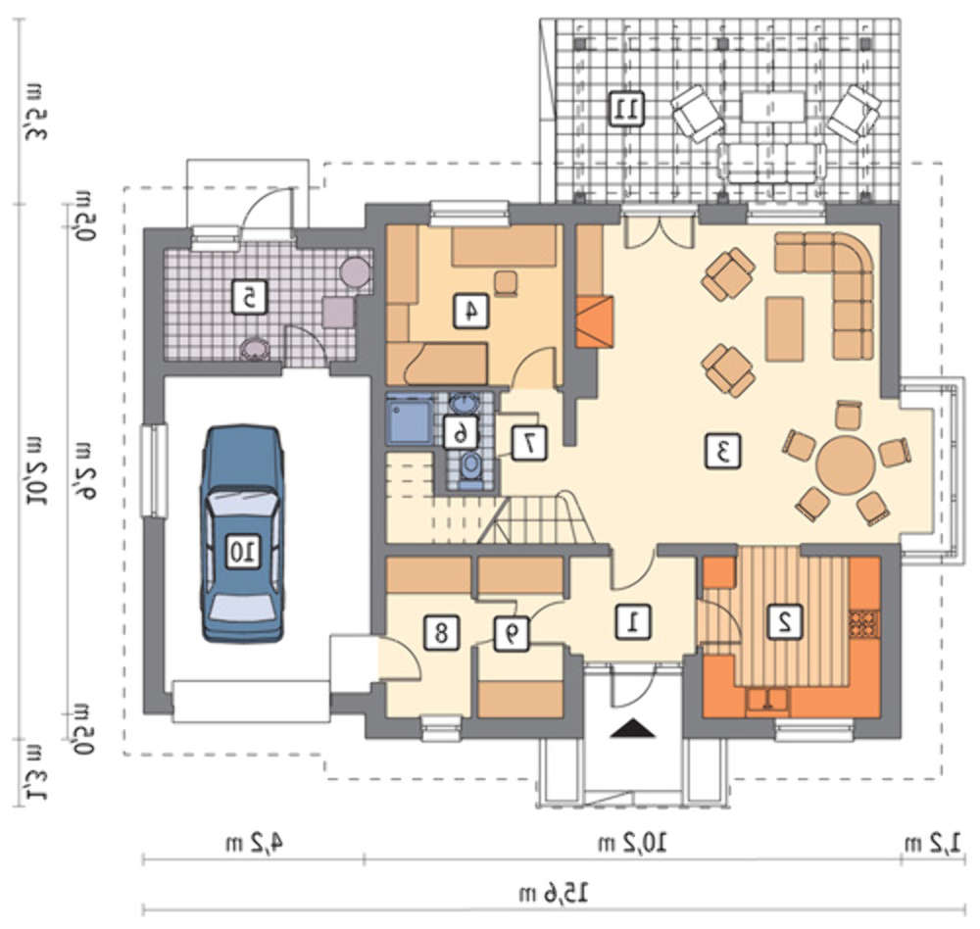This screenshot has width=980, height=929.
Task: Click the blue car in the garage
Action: pos(242,534)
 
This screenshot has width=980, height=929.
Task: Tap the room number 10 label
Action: pos(242,552)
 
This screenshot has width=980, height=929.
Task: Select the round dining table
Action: pos(846,465)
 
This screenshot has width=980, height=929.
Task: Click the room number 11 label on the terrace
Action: pos(625,109)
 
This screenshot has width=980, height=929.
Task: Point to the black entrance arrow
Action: pos(632,729)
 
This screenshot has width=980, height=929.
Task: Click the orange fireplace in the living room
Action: pos(595,322)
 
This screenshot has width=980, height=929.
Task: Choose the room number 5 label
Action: pos(249,297)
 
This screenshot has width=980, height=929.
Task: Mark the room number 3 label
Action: pos(723,451)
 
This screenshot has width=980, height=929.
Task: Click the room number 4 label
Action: pos(471,311)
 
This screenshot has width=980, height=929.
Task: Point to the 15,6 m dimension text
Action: pos(554,893)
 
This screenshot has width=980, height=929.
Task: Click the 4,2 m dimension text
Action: pos(254,844)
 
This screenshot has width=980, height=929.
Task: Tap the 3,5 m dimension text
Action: pos(32,110)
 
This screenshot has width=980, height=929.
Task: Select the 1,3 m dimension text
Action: pos(32,773)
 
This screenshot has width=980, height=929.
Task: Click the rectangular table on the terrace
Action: pos(773,107)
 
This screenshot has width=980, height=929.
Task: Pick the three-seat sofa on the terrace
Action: pos(772,164)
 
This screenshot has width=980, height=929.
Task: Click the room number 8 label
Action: pos(441,633)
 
